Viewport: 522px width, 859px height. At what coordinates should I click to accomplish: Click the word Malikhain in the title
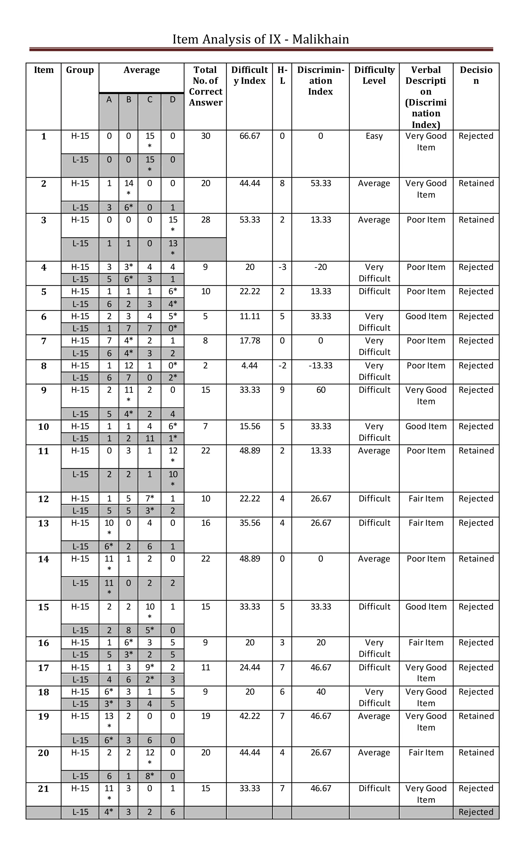(320, 39)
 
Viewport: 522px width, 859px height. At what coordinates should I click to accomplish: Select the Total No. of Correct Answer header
(205, 86)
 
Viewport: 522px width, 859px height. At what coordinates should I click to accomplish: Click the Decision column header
(476, 75)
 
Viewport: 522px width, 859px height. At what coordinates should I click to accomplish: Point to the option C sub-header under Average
(150, 100)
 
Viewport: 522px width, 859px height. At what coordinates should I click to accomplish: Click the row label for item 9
(44, 390)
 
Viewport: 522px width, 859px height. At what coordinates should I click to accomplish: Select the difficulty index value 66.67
(250, 136)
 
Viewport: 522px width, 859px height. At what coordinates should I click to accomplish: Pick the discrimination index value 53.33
(321, 183)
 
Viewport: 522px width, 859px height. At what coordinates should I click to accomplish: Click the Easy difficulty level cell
(374, 136)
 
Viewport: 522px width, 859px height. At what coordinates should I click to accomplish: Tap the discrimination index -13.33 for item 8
(320, 366)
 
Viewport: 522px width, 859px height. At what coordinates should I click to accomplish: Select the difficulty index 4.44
(250, 366)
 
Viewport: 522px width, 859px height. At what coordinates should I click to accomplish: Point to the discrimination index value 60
(321, 390)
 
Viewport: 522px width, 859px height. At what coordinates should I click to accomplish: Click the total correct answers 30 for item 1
(205, 136)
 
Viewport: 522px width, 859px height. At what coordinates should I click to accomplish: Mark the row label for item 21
(44, 788)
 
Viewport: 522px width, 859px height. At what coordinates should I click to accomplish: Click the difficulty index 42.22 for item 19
(250, 716)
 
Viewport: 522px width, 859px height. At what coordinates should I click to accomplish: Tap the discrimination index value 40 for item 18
(321, 692)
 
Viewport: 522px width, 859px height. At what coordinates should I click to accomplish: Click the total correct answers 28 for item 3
(205, 220)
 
